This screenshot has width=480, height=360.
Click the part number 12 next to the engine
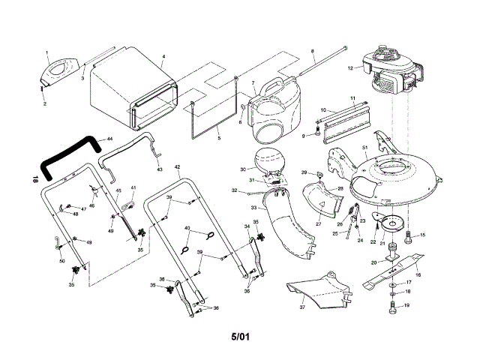pos(349,68)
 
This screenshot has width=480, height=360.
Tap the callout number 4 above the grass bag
pos(163,57)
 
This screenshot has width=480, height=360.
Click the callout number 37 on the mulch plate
pos(302,307)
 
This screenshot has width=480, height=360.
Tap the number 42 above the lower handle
pos(177,166)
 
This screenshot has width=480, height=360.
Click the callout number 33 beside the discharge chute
pos(253,207)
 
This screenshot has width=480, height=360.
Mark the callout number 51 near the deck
pos(364,147)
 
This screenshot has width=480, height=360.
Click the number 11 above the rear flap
pos(352,98)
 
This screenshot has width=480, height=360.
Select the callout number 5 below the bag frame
pos(218,138)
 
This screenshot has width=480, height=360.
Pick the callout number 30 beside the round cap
pos(243,169)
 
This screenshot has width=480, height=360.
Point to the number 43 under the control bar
pos(158,169)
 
